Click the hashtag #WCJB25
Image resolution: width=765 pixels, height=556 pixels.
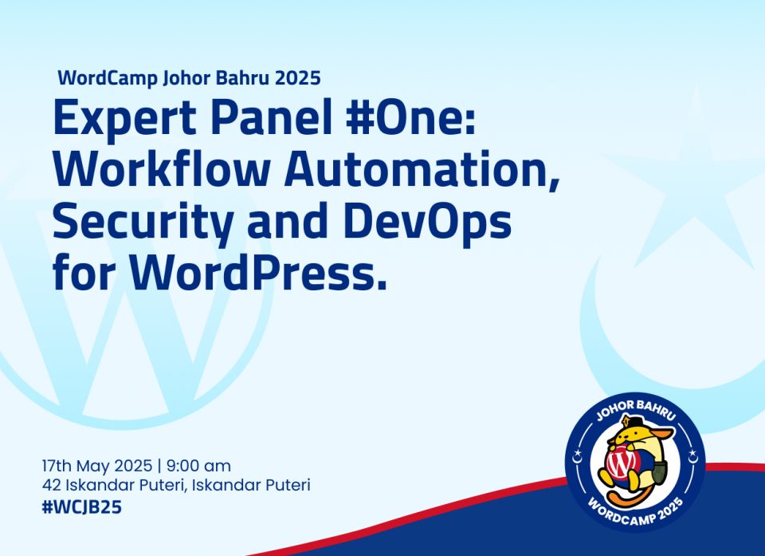click(x=81, y=507)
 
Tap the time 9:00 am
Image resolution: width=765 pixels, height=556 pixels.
click(x=198, y=466)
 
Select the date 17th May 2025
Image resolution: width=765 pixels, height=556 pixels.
click(x=97, y=466)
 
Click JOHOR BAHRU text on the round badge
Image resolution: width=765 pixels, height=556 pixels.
click(x=636, y=409)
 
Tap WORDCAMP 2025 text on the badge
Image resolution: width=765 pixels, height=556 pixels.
click(x=635, y=511)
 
